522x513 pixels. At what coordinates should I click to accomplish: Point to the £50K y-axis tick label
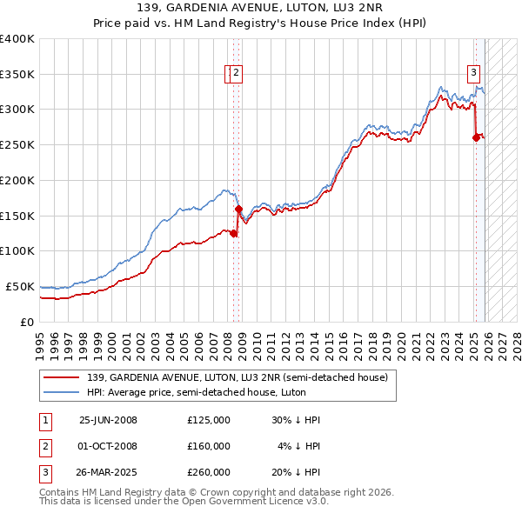point(20,286)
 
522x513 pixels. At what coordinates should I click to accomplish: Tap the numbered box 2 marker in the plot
point(237,73)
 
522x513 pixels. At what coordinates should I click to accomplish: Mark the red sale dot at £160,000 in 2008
point(238,209)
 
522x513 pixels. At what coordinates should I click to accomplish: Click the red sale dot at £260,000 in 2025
point(476,137)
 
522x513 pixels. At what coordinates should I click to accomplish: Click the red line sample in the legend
point(62,376)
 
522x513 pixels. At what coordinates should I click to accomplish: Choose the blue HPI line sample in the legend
point(62,391)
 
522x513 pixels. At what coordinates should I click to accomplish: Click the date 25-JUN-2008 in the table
point(108,420)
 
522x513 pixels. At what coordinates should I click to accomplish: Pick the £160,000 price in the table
point(209,446)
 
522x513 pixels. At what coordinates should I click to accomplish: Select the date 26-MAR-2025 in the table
point(108,472)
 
